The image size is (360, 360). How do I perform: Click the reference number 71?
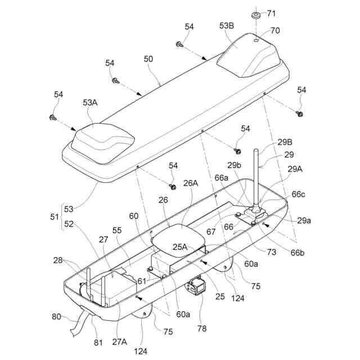pyautogui.click(x=271, y=13)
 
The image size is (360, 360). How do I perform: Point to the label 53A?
pyautogui.click(x=90, y=102)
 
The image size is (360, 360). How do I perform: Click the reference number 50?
pyautogui.click(x=148, y=58)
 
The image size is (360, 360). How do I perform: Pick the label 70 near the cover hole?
pyautogui.click(x=274, y=31)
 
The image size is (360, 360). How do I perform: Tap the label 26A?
pyautogui.click(x=191, y=182)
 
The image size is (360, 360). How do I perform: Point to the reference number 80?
pyautogui.click(x=57, y=316)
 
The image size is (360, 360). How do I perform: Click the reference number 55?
pyautogui.click(x=117, y=231)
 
